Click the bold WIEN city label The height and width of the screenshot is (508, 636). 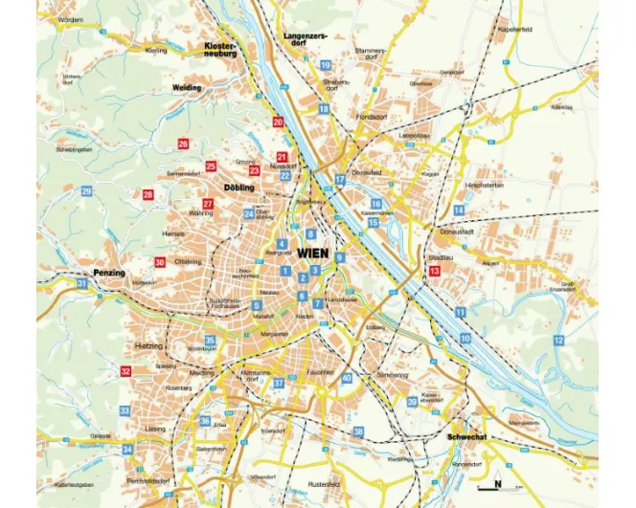[x=313, y=254]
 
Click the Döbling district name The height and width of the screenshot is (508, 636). [x=238, y=188]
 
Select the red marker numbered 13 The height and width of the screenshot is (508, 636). [x=434, y=272]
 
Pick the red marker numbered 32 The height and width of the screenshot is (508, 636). [x=125, y=371]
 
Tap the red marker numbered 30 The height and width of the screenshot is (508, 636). [x=160, y=262]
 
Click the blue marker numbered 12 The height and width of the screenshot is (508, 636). [x=558, y=340]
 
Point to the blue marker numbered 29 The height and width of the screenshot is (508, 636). [x=86, y=191]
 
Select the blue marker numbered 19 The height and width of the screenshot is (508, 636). [x=326, y=65]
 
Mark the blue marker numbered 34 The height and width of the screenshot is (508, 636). [x=127, y=449]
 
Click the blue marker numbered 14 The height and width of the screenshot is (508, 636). [x=459, y=210]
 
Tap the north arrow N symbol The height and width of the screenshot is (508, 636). [x=497, y=483]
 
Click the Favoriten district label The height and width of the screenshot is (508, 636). [x=320, y=371]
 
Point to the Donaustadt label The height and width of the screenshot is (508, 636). [x=449, y=232]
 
